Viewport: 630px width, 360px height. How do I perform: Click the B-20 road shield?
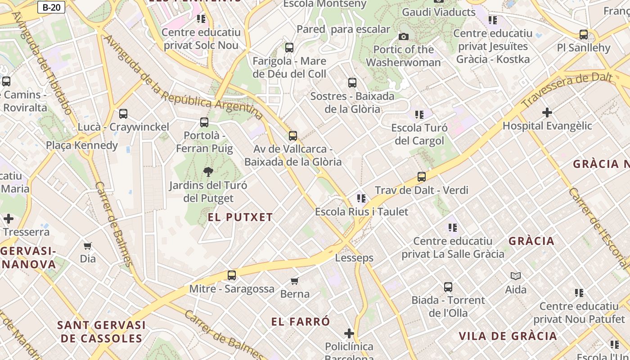point(51,7)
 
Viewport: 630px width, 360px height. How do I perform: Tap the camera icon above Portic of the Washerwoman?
point(404,36)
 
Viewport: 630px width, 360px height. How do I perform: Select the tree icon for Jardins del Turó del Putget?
point(208,171)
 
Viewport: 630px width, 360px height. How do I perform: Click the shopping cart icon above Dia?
point(88,246)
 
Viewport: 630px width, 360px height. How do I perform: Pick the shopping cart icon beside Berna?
point(295,281)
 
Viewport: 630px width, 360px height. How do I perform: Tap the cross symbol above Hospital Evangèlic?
point(547,112)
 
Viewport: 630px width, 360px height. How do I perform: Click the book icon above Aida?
point(516,276)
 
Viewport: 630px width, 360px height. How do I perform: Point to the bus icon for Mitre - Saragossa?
point(232,275)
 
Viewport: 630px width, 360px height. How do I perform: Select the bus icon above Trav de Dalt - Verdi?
point(422,177)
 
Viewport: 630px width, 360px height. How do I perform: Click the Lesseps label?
point(354,258)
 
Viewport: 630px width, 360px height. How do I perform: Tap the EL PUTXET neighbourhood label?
point(240,217)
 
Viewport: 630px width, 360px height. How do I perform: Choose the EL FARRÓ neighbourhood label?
point(301,322)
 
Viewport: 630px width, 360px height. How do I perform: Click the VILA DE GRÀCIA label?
point(508,336)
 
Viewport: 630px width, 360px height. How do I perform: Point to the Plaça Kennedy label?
point(82,145)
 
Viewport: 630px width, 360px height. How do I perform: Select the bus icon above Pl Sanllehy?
point(584,35)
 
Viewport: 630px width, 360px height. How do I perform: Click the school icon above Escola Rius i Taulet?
point(361,198)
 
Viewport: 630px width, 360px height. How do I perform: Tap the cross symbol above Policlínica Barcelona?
point(349,333)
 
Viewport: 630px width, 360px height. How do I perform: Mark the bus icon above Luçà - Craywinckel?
point(123,114)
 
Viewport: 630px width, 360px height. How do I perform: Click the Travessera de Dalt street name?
point(567,90)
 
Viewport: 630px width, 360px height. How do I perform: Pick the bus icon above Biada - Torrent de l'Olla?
point(448,287)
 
